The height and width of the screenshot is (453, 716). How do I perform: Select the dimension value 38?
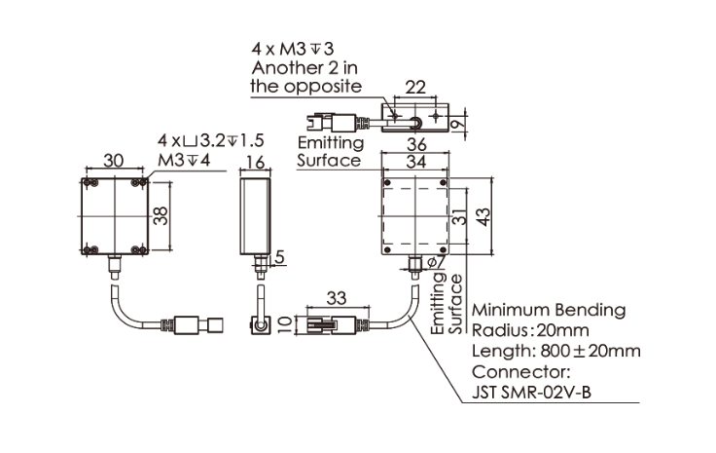tap(162, 214)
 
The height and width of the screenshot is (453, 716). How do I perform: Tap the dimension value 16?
tap(256, 162)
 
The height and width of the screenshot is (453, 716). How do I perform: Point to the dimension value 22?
tap(415, 88)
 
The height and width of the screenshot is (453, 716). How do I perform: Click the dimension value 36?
tap(415, 143)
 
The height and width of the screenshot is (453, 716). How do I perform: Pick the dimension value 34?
tap(415, 162)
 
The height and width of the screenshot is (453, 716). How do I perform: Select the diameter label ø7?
tap(435, 261)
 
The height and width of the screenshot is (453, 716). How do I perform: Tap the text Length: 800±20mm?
tap(555, 351)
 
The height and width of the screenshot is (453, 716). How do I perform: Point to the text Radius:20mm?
tap(532, 330)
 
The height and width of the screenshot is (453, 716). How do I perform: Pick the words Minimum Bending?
tap(548, 310)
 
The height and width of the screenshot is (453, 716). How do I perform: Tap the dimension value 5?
tap(280, 257)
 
